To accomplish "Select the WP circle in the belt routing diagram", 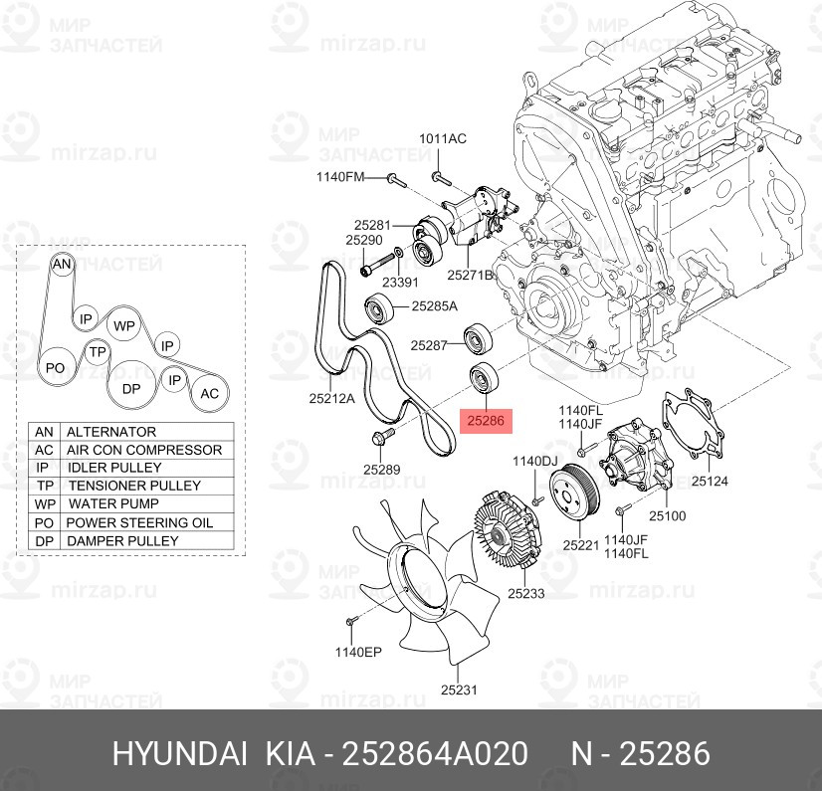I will coord(123,325).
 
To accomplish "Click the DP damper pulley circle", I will coord(131,388).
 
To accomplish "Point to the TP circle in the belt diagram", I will coord(97,352).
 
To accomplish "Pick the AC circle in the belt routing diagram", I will coord(209,393).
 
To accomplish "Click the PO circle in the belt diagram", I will coord(56,368).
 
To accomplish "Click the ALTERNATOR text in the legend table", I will coord(110,432).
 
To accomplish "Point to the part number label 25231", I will coord(460,689).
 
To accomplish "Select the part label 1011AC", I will coord(442,138).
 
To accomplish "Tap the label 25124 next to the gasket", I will coord(711,481).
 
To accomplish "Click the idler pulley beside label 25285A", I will coord(381,311).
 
